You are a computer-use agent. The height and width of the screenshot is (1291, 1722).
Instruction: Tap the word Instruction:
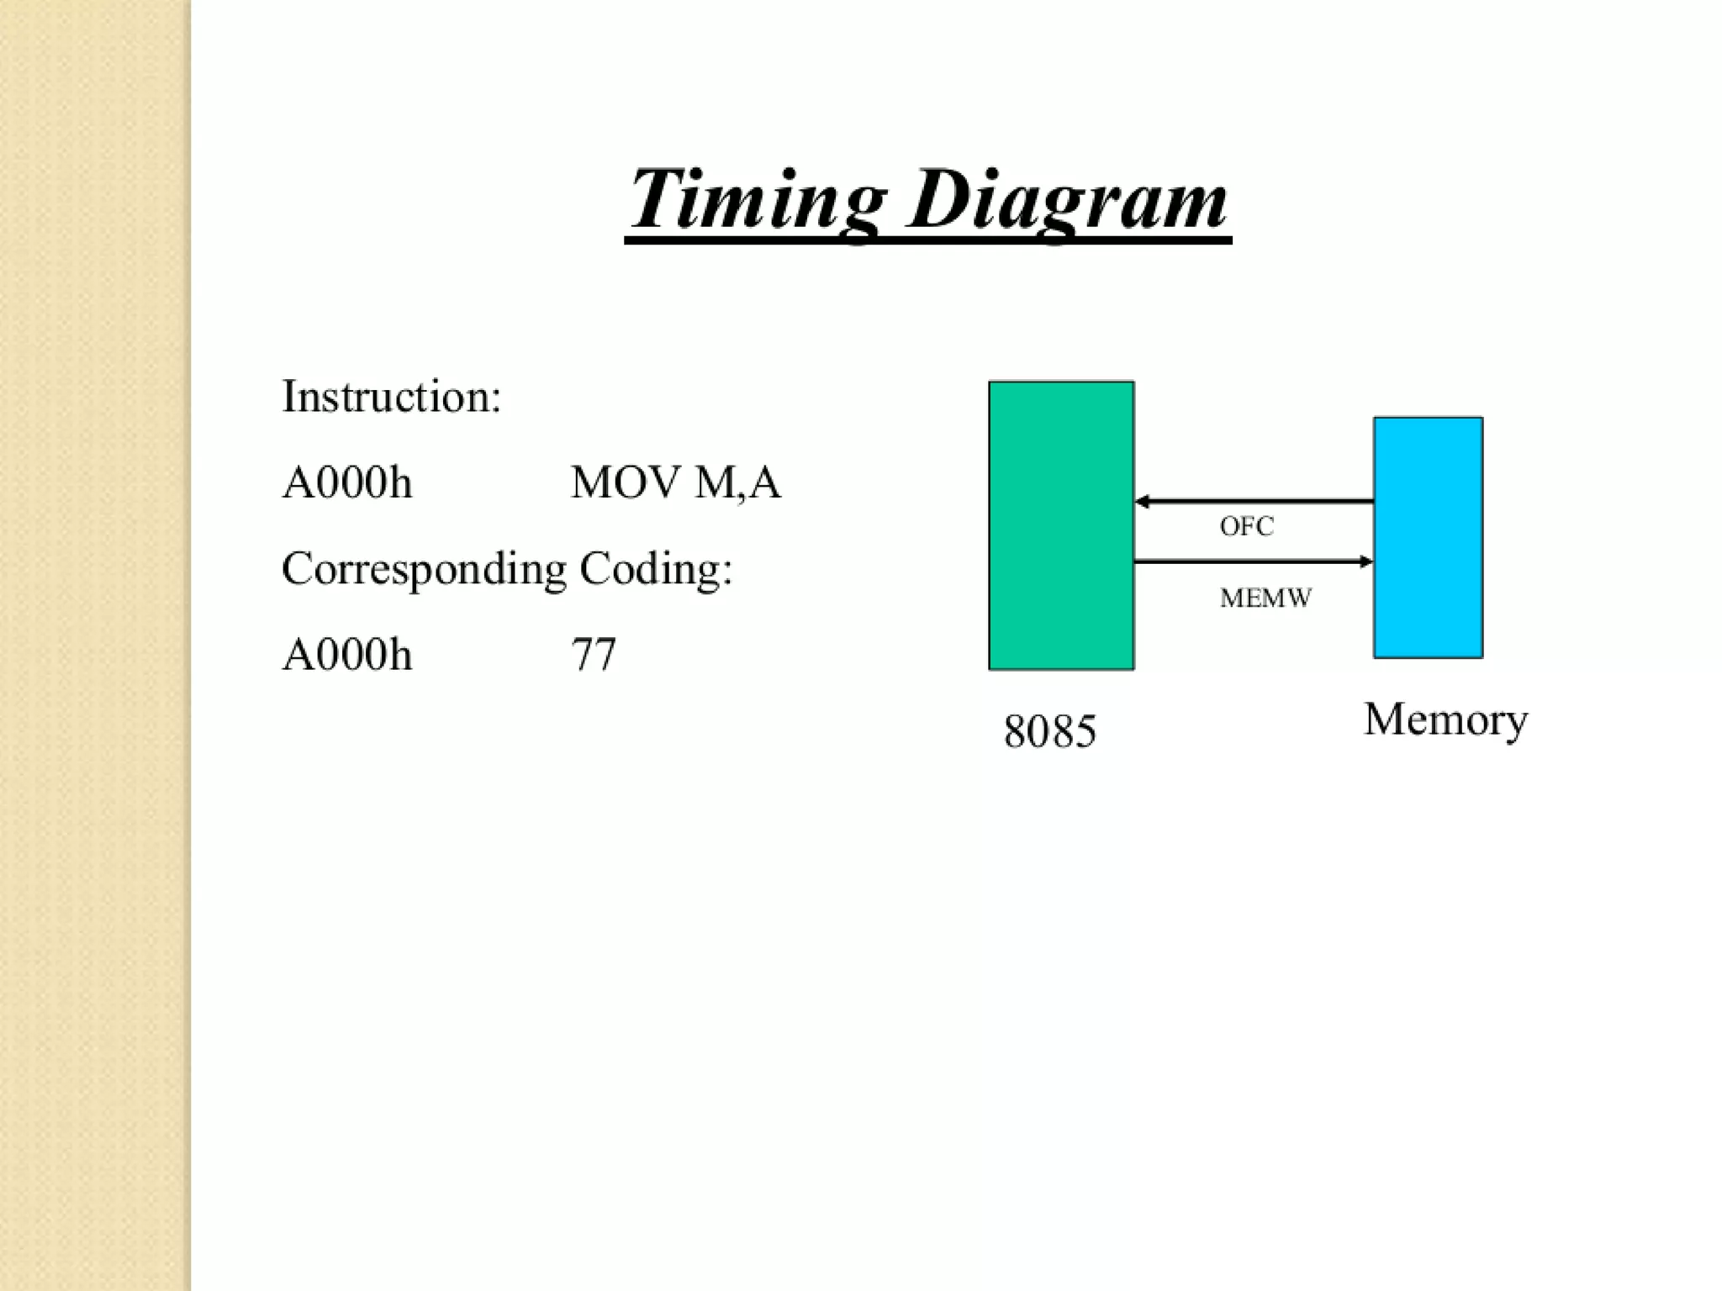pos(391,397)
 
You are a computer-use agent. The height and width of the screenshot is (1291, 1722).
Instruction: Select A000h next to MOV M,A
pos(347,483)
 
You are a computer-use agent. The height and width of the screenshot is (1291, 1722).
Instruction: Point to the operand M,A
pos(738,483)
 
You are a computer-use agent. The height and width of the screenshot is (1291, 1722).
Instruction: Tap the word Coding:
pos(656,569)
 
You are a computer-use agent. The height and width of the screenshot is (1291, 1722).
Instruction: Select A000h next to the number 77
pos(347,655)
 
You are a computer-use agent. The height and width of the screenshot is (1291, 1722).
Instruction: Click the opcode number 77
pos(594,655)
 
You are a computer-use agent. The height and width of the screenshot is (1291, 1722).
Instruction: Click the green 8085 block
pos(1061,525)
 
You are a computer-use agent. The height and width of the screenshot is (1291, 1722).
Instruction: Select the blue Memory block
pos(1428,537)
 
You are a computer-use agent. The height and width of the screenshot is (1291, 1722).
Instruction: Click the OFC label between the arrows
pos(1246,527)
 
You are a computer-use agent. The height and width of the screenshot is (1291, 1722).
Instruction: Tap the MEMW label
pos(1265,598)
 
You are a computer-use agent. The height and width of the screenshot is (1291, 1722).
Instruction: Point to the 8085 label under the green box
pos(1049,731)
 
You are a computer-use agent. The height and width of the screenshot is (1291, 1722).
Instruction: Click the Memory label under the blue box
pos(1445,720)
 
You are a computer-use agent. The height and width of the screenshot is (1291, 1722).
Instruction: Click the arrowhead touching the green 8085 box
pos(1143,502)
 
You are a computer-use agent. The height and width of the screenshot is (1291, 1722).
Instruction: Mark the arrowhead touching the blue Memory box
pos(1365,561)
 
